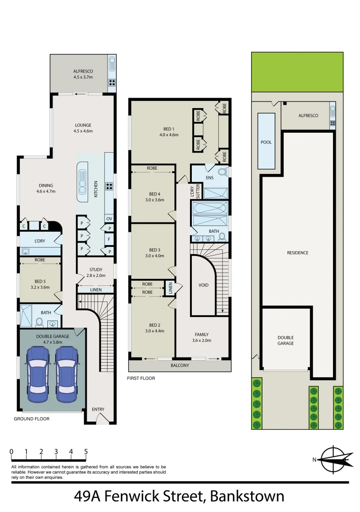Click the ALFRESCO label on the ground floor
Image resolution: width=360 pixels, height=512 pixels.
83,72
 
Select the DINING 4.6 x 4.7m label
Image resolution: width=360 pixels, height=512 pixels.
46,188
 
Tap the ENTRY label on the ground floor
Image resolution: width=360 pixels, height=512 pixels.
98,410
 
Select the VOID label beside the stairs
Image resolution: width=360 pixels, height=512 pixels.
203,285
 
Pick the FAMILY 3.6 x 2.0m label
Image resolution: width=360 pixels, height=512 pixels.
201,338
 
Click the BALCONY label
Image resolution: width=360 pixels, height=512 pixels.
180,366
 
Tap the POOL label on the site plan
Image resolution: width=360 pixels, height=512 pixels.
267,142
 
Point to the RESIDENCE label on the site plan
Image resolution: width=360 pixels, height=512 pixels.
297,253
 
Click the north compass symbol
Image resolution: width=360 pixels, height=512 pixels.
333,459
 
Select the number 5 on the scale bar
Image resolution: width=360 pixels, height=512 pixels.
86,452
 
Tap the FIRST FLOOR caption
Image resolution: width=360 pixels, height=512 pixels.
141,378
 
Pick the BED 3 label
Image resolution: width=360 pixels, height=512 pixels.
155,253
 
